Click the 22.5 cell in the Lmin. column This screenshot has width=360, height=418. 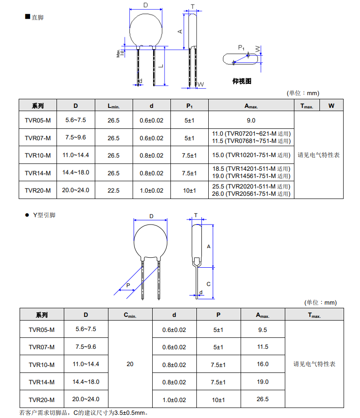[113, 190]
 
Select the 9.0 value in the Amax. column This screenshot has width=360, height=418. [251, 121]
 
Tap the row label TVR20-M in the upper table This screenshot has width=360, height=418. [38, 190]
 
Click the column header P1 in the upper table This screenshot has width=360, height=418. [189, 106]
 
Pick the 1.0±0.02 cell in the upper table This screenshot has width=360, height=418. [151, 190]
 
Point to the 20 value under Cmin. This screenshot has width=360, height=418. [130, 364]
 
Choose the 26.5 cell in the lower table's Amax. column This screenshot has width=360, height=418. [262, 399]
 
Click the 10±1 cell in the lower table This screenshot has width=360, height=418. [218, 400]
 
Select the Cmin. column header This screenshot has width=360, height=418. [130, 315]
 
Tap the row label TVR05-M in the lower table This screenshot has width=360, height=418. [41, 330]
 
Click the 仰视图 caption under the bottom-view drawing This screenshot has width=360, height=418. [242, 82]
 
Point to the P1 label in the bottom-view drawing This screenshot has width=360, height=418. [242, 47]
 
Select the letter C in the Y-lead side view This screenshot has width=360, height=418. [208, 284]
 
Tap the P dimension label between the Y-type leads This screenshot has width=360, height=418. [128, 285]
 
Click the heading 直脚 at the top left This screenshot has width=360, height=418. [37, 17]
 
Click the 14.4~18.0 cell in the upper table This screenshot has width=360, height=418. [76, 173]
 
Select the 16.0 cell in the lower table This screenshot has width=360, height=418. [262, 364]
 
